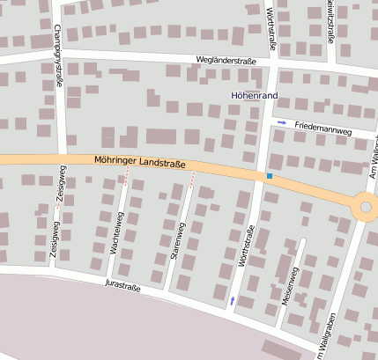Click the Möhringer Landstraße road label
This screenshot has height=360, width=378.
139,162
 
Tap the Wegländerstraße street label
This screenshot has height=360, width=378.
226,61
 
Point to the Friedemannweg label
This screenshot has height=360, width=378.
323,129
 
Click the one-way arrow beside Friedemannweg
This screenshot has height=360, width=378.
282,122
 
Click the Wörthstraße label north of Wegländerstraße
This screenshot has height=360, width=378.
271,24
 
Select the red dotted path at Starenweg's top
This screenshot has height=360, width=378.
192,180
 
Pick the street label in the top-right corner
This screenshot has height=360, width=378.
330,22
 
